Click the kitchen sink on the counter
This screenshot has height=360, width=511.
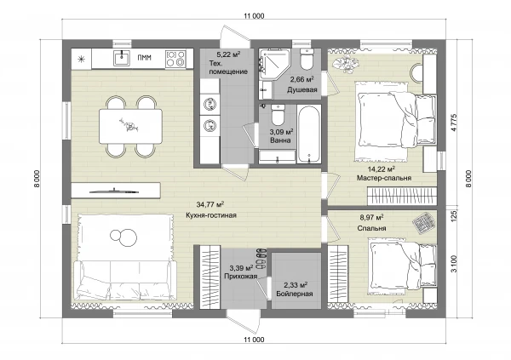(122, 59)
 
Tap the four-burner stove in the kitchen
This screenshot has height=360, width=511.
(175, 59)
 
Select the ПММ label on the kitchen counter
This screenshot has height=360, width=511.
(144, 58)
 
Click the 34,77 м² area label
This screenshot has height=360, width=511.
(210, 204)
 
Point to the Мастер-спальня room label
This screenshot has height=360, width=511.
(384, 178)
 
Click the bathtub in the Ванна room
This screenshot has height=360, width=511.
(308, 134)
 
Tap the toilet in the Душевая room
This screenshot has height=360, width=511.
(307, 59)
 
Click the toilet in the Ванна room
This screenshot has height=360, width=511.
(278, 115)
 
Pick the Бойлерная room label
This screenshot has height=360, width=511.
(295, 294)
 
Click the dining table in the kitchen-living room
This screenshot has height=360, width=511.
(130, 126)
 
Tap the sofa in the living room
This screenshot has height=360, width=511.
(125, 280)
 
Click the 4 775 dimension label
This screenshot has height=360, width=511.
(455, 123)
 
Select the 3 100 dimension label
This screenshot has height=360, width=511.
(455, 264)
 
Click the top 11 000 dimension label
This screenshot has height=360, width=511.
(254, 16)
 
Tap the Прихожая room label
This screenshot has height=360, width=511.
(240, 277)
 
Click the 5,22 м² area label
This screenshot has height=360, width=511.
(228, 54)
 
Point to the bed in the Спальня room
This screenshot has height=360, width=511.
(403, 263)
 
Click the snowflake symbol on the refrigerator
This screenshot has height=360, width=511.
(81, 59)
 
